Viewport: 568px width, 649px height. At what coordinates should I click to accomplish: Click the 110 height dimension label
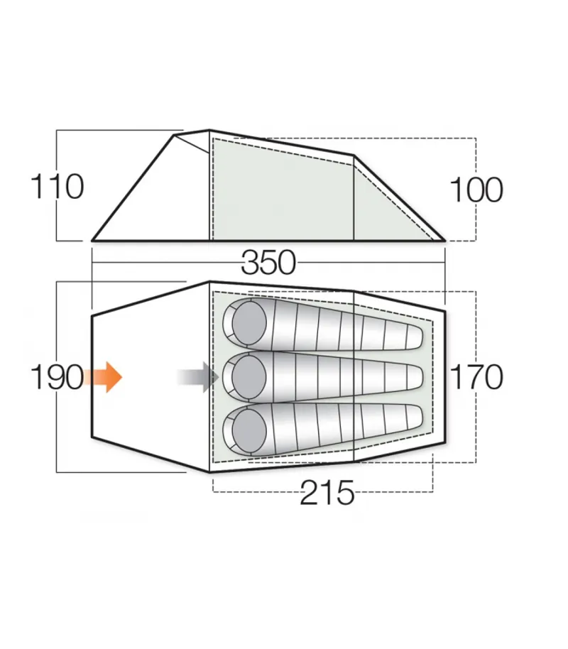point(57,187)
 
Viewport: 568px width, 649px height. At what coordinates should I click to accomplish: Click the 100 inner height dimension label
point(476,190)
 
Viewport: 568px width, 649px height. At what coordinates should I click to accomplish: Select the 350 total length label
point(268,263)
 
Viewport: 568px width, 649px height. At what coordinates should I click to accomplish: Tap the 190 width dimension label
point(56,377)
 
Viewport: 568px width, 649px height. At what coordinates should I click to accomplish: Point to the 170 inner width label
point(476,377)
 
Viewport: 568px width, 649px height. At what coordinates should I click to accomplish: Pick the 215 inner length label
point(327,493)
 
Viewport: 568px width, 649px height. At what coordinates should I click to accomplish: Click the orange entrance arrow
point(103,376)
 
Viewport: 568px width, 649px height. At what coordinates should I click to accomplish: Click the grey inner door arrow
point(198,376)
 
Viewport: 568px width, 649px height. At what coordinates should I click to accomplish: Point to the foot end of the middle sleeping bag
point(419,376)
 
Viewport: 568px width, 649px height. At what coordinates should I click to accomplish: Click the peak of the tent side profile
point(209,131)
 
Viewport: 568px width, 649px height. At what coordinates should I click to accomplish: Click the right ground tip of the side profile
point(444,241)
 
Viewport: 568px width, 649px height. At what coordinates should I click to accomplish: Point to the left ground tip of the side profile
point(93,241)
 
